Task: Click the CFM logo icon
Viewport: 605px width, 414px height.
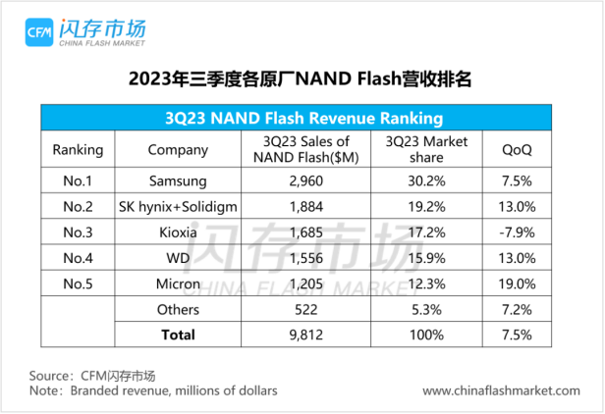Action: point(42,30)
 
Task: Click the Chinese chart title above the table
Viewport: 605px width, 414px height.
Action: point(301,78)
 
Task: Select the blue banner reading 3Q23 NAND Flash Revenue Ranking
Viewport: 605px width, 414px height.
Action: point(302,116)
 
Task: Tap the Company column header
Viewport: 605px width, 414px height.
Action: point(178,150)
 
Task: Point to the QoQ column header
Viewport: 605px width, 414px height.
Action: point(517,150)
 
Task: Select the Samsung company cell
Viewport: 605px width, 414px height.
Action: point(178,181)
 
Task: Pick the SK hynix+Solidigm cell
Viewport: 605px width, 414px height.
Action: point(178,207)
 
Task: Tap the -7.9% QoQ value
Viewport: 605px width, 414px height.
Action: point(517,233)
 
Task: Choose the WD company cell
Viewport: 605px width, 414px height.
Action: point(178,258)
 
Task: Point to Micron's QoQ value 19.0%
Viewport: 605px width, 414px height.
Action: point(517,284)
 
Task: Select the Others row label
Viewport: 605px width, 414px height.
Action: point(178,309)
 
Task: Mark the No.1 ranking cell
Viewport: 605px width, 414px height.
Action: point(77,181)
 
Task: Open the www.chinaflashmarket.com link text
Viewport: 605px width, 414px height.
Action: point(501,390)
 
